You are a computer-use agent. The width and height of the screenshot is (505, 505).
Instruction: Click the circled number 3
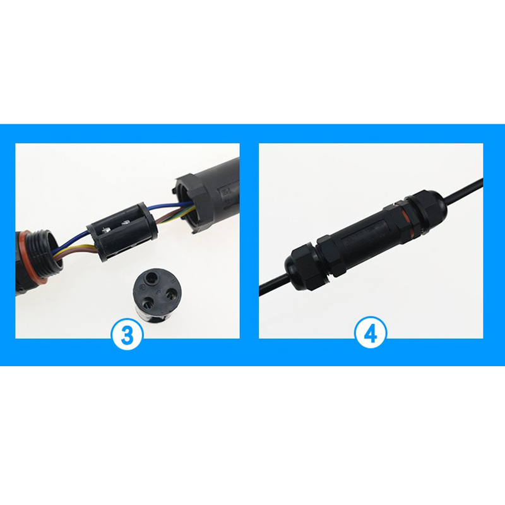(x=127, y=334)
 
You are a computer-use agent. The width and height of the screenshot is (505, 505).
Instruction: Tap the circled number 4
(x=371, y=334)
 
